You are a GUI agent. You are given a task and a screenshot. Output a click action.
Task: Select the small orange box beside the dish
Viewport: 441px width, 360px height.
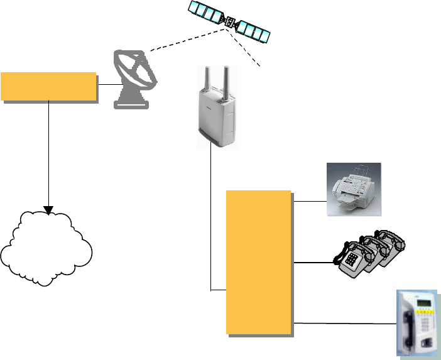tap(49, 87)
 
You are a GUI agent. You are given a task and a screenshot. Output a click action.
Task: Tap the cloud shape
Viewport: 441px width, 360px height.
tap(48, 246)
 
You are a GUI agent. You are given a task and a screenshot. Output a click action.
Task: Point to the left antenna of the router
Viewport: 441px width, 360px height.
tap(204, 82)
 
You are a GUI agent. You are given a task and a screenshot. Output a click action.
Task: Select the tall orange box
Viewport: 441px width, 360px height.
tap(259, 262)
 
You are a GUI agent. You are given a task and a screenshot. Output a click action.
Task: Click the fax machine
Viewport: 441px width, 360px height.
tap(354, 189)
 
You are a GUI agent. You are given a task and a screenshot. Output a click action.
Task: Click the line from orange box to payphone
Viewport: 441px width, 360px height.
tap(342, 324)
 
